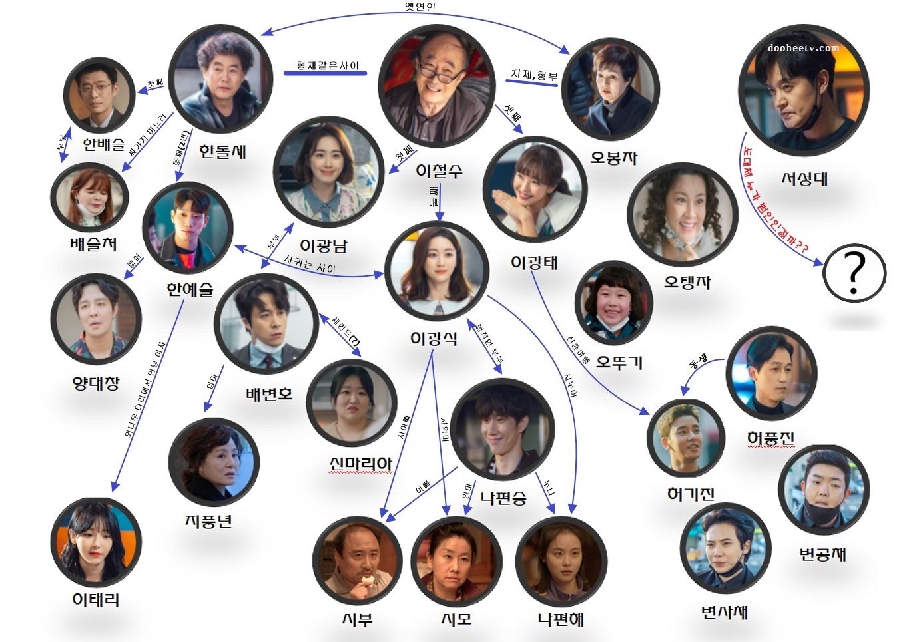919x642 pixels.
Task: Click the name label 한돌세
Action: point(223,151)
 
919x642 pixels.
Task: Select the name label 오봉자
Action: point(613,158)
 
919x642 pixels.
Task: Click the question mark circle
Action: point(854,273)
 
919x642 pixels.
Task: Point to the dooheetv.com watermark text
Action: point(803,48)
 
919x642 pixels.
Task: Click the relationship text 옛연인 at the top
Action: point(420,7)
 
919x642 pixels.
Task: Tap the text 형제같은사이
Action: point(327,65)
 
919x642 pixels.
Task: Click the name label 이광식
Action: point(434,338)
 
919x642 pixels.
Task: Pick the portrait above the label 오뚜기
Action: point(613,303)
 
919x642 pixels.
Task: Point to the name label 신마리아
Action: point(360,463)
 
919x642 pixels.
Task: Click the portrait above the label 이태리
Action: point(96,542)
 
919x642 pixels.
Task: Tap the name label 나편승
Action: point(503,498)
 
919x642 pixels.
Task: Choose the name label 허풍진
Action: point(770,438)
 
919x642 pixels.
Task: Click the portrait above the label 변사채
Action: point(725,548)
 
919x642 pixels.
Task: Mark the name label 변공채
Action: point(822,554)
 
